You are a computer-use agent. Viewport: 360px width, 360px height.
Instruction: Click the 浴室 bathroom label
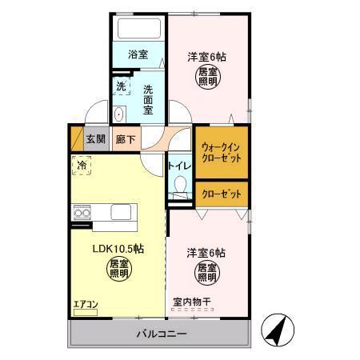(138, 54)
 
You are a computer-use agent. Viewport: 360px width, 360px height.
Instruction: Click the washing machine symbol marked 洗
(121, 86)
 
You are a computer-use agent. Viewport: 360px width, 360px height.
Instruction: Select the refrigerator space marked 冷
(82, 166)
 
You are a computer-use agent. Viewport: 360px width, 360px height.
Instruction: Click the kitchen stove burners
(82, 212)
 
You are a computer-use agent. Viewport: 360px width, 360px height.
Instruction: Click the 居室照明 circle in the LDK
(118, 268)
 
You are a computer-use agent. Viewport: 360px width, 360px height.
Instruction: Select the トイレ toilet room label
(179, 166)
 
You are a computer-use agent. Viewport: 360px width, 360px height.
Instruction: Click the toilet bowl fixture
(180, 188)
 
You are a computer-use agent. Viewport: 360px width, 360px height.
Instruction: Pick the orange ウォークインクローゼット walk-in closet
(222, 152)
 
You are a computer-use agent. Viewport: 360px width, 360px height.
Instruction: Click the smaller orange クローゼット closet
(222, 194)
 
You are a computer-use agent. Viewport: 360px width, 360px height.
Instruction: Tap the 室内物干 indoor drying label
(192, 302)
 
